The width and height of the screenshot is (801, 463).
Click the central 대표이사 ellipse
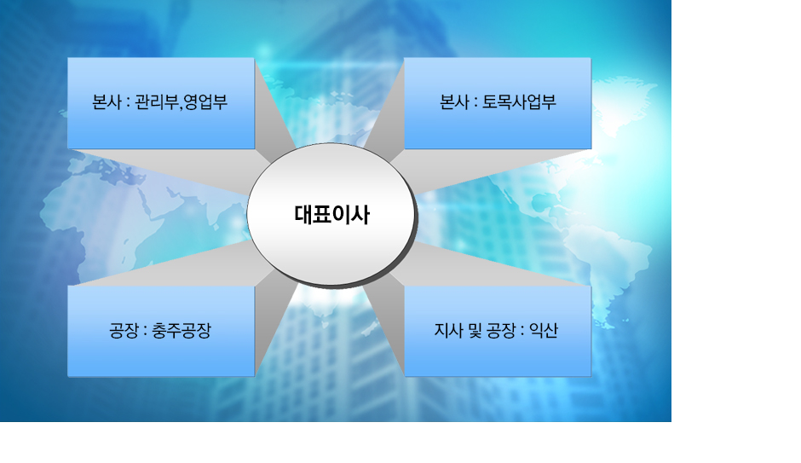331,215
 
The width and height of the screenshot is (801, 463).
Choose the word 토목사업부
519,103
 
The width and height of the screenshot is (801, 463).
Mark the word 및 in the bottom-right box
475,331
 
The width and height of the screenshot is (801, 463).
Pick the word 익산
543,331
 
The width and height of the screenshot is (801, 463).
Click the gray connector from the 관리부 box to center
256,158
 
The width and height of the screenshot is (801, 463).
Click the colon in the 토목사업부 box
475,104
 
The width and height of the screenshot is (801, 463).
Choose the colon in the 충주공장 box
145,332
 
